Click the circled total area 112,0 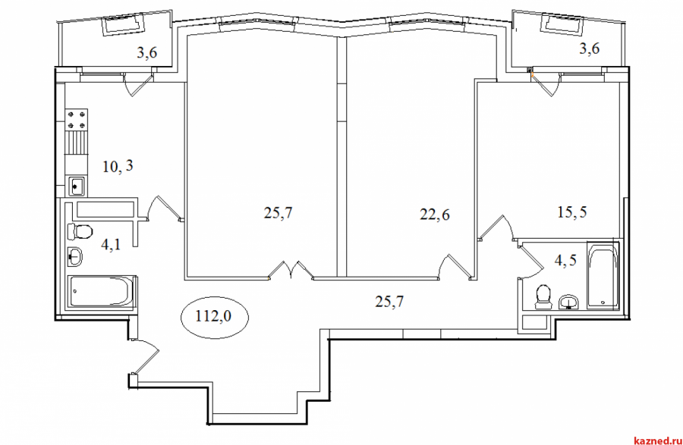214,317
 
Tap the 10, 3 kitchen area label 118,166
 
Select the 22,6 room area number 435,214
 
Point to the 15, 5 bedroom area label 572,212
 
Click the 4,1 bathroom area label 111,244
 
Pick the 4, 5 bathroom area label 565,260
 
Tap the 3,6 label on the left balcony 147,52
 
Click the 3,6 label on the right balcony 590,49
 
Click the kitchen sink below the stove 77,186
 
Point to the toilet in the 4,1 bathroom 80,231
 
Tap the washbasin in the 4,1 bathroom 75,257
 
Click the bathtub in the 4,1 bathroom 101,292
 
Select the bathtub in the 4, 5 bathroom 603,274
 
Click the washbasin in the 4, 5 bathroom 568,302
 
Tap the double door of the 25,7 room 291,271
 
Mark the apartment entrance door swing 146,357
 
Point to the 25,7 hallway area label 389,301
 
